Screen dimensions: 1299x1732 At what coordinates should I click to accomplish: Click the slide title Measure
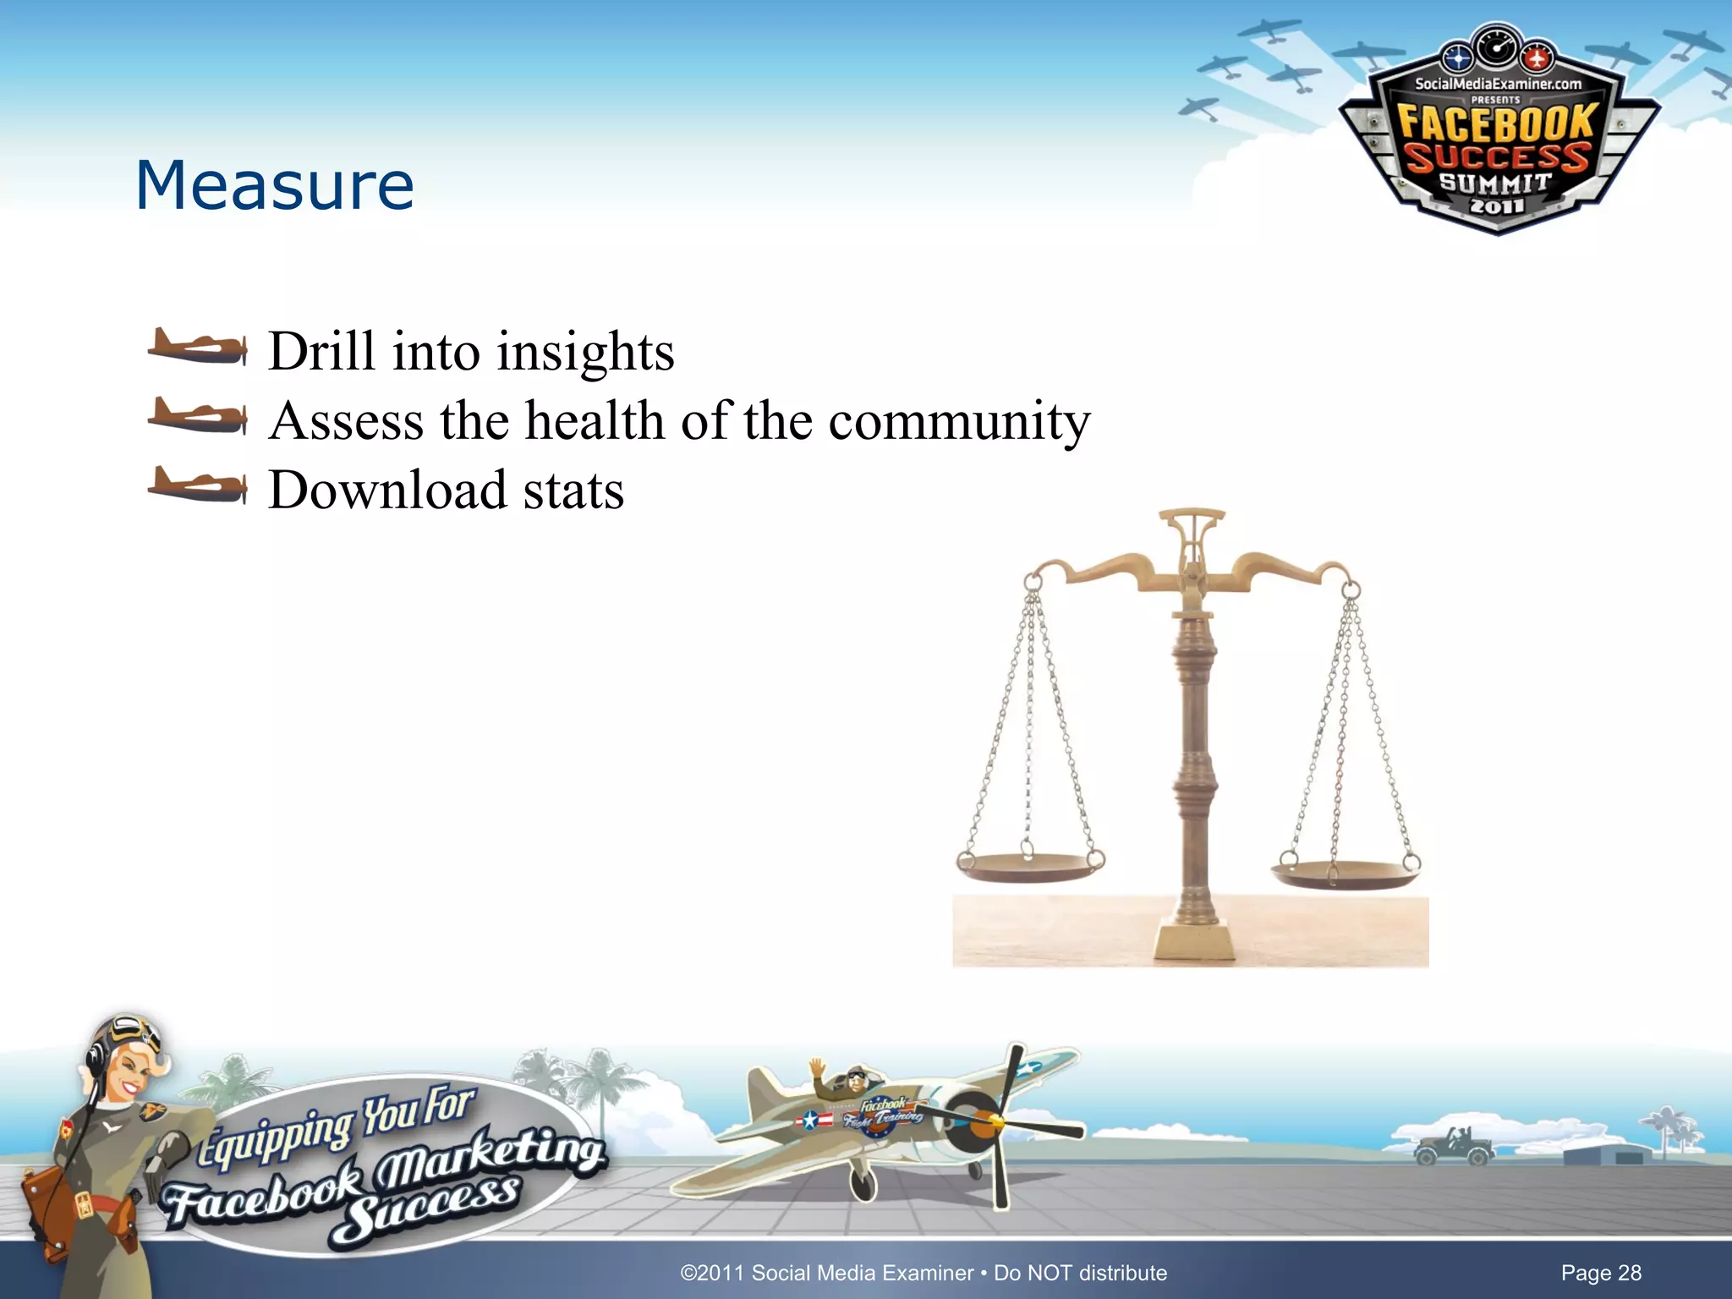pos(275,185)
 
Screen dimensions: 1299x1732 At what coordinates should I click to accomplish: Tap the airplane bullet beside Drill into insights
pos(198,348)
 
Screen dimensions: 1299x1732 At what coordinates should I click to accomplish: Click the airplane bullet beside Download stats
pos(198,485)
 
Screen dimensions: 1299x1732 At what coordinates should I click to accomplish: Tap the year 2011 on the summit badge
pos(1496,205)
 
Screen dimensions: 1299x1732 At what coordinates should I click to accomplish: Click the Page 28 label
pos(1600,1273)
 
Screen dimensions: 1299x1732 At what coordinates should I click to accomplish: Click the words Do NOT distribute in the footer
pos(1080,1273)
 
